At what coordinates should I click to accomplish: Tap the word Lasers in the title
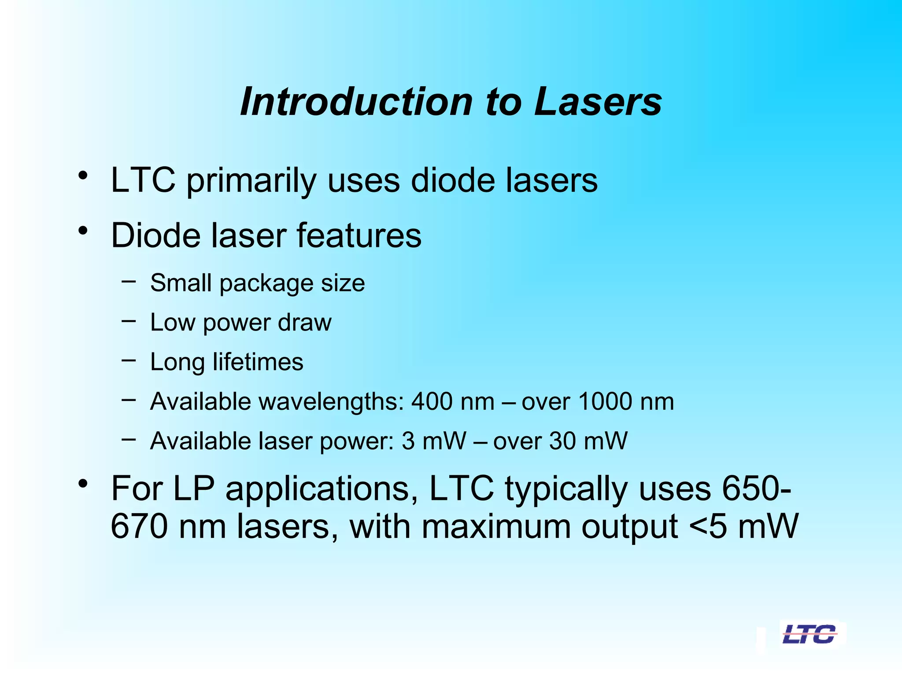[598, 102]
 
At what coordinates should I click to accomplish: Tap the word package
[266, 283]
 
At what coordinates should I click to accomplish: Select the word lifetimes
[258, 362]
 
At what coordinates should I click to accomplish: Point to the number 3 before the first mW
[408, 441]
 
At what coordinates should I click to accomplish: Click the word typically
[566, 489]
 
